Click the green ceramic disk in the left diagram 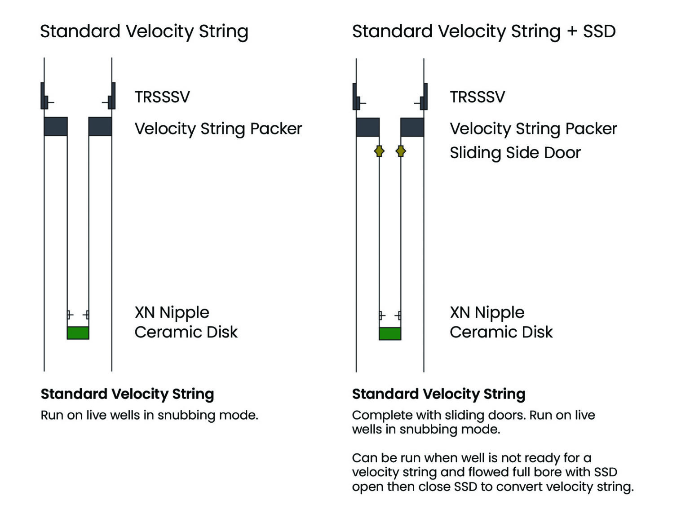tap(78, 332)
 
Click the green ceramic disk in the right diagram tap(390, 333)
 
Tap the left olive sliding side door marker tap(379, 151)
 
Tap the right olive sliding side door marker tap(401, 151)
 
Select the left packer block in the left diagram tap(56, 126)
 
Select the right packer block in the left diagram tap(100, 126)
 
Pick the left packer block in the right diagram tap(367, 127)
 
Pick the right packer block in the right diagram tap(412, 127)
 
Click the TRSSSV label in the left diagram tap(162, 97)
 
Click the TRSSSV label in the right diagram tap(478, 97)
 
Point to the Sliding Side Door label tap(515, 153)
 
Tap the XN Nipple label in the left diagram tap(172, 312)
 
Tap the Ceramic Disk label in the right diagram tap(501, 332)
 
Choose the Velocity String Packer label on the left tap(218, 129)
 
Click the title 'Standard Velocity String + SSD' tap(483, 31)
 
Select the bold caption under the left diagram tap(127, 394)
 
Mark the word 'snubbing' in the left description tap(182, 415)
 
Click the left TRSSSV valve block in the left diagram tap(44, 96)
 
